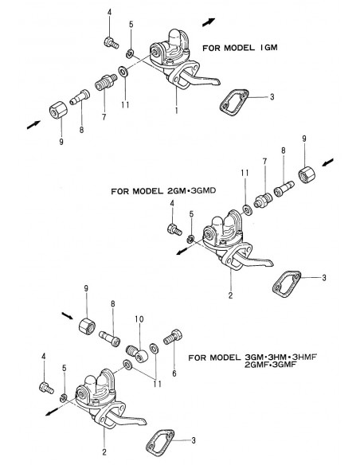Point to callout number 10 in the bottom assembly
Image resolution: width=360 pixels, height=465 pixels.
[139, 319]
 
